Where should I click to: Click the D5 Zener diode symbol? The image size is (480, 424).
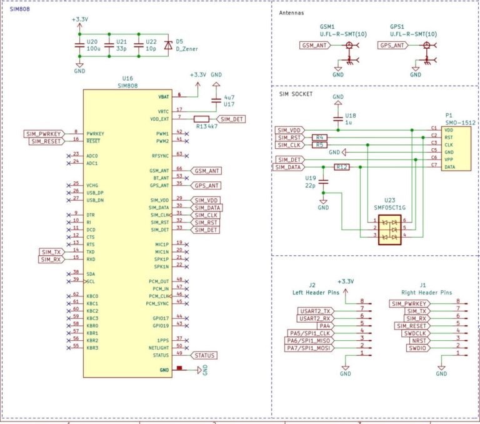[x=167, y=45]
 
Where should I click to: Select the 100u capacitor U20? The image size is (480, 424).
[x=79, y=44]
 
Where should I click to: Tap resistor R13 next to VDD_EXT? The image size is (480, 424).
[x=202, y=119]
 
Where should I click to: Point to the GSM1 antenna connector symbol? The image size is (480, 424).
[x=349, y=46]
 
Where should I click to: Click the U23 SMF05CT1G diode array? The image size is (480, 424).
[x=388, y=229]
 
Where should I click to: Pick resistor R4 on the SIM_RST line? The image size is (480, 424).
[x=319, y=137]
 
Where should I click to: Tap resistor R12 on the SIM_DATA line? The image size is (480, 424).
[x=341, y=167]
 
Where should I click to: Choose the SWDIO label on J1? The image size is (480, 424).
[x=417, y=348]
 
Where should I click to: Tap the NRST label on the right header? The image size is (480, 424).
[x=420, y=340]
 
